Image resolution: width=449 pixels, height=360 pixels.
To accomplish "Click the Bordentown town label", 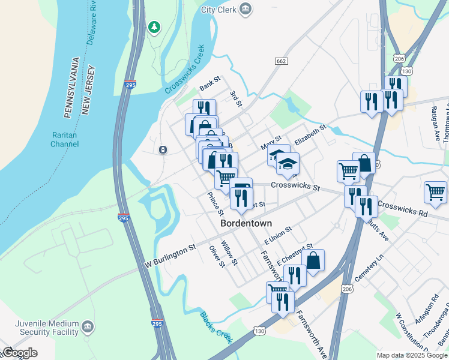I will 246,223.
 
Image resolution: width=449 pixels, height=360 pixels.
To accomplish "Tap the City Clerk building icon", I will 245,9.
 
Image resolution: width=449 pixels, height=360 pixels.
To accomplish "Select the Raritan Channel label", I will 64,140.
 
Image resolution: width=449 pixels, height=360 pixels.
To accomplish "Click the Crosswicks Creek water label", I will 185,69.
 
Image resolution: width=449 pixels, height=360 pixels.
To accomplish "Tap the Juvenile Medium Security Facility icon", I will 88,327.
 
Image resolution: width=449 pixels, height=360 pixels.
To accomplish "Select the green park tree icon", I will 155,26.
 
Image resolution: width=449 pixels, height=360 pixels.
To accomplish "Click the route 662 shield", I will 281,61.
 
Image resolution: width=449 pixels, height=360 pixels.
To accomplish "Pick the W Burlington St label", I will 171,256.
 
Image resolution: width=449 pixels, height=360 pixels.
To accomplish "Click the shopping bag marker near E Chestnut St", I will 313,260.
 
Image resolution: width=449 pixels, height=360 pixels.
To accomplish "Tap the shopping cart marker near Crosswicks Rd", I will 435,192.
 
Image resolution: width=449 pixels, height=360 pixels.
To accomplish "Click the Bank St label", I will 210,87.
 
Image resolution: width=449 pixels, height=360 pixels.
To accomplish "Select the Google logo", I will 20,353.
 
